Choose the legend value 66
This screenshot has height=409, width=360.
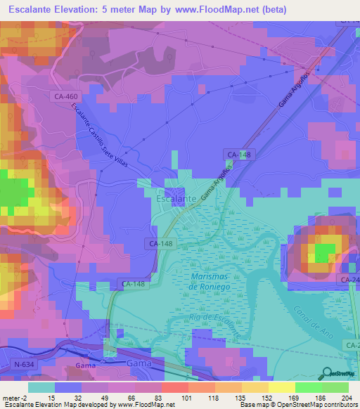pyautogui.click(x=122, y=398)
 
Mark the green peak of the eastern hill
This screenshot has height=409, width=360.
pyautogui.click(x=325, y=252)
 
